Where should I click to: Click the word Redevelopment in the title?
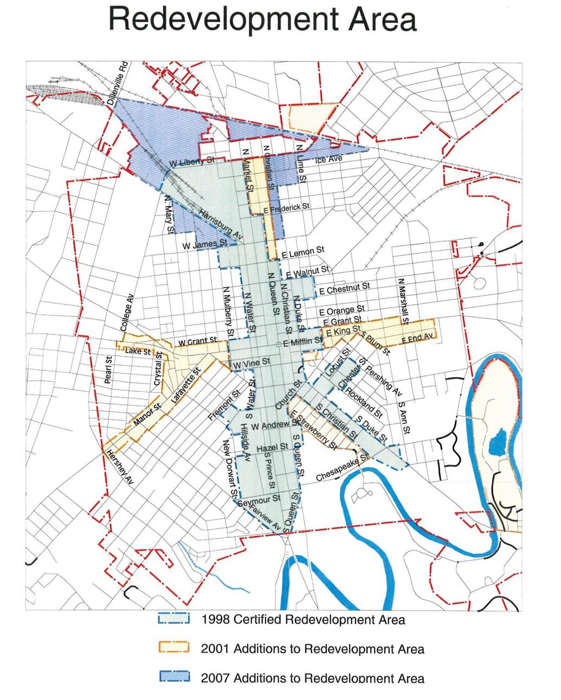click(221, 20)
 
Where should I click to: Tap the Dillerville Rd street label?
click(117, 82)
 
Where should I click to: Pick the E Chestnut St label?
click(345, 289)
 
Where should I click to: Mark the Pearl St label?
click(108, 371)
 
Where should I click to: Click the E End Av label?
click(418, 338)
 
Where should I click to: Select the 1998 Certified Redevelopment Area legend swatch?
click(173, 619)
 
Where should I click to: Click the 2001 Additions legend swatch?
click(173, 648)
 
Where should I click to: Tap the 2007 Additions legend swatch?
click(173, 677)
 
